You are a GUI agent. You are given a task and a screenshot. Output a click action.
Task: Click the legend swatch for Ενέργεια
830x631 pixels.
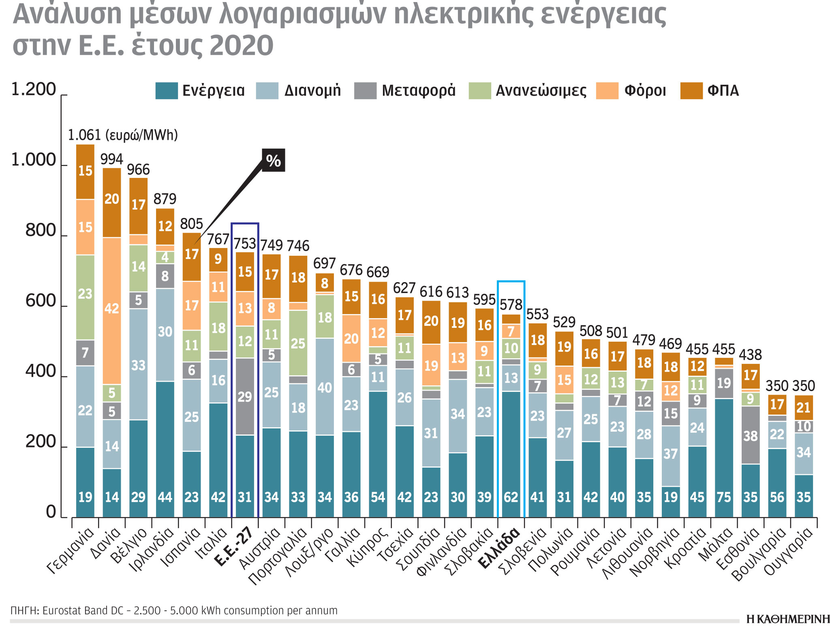pyautogui.click(x=166, y=90)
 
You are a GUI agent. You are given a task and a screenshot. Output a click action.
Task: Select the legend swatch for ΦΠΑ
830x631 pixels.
pyautogui.click(x=691, y=90)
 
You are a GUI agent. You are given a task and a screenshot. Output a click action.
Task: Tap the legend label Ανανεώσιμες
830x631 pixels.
pyautogui.click(x=541, y=90)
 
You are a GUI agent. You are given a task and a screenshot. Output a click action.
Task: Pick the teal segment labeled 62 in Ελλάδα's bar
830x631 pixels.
pyautogui.click(x=511, y=454)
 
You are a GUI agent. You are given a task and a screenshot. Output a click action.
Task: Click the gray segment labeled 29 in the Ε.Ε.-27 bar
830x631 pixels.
pyautogui.click(x=245, y=397)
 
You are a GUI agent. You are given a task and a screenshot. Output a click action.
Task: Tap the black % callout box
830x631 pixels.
pyautogui.click(x=274, y=160)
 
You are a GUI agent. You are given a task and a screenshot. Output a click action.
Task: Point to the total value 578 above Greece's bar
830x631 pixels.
pyautogui.click(x=511, y=304)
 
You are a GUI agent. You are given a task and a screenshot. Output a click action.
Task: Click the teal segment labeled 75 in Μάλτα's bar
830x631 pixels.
pyautogui.click(x=724, y=458)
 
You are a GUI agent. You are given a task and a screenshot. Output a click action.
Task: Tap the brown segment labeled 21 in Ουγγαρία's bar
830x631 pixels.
pyautogui.click(x=804, y=407)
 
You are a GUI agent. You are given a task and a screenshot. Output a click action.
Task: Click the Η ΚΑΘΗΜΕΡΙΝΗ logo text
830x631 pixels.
pyautogui.click(x=787, y=619)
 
